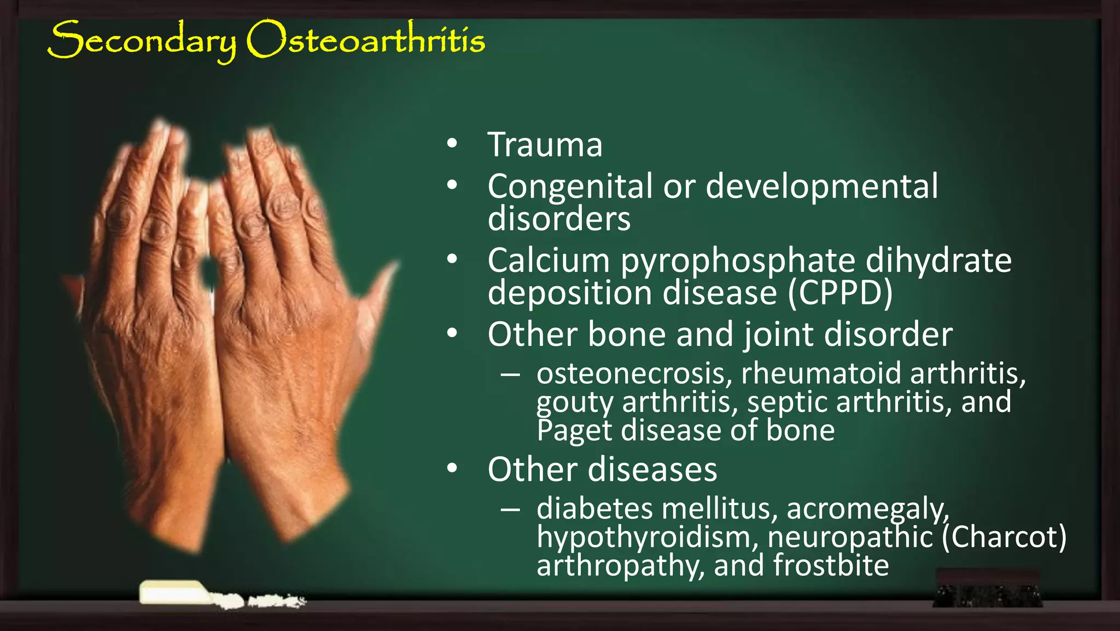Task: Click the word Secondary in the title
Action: [x=142, y=40]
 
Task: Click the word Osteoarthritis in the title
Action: [x=365, y=39]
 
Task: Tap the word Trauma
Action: [x=545, y=144]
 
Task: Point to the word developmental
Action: [x=821, y=186]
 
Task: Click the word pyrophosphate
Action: [x=738, y=260]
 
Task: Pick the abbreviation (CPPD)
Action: [x=841, y=293]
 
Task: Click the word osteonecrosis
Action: [x=634, y=373]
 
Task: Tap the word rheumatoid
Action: [x=821, y=373]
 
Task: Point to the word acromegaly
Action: [x=867, y=509]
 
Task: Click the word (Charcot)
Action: [x=1004, y=537]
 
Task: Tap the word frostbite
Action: [x=831, y=565]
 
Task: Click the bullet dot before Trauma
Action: [x=452, y=144]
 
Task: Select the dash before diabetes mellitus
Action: [x=510, y=510]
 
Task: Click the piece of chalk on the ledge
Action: [x=175, y=593]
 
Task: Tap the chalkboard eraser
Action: [x=988, y=588]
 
